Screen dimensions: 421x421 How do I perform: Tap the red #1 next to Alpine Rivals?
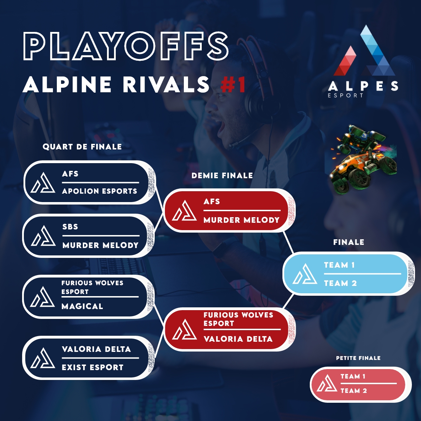(x=233, y=85)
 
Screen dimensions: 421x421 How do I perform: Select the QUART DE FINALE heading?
(x=82, y=147)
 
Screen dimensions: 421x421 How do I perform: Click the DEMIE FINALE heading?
(x=222, y=175)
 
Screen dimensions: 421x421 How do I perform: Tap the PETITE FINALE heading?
(x=358, y=358)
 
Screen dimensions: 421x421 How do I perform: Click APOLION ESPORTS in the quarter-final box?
(x=100, y=191)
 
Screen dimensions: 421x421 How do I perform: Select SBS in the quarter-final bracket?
(x=70, y=227)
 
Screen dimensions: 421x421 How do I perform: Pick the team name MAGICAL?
(x=82, y=306)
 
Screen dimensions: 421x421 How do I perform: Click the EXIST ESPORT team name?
(x=93, y=367)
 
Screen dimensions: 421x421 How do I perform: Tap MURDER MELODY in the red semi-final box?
(x=241, y=220)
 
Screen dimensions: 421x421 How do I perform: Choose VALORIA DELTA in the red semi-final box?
(x=238, y=339)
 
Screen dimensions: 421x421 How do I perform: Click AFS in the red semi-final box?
(x=212, y=201)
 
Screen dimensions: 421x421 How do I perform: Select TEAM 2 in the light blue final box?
(x=340, y=283)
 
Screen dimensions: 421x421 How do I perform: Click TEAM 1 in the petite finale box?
(x=353, y=376)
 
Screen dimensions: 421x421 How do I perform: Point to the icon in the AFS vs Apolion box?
(x=43, y=183)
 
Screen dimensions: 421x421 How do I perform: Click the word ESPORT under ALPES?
(x=346, y=95)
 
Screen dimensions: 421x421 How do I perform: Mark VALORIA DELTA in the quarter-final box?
(x=96, y=349)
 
